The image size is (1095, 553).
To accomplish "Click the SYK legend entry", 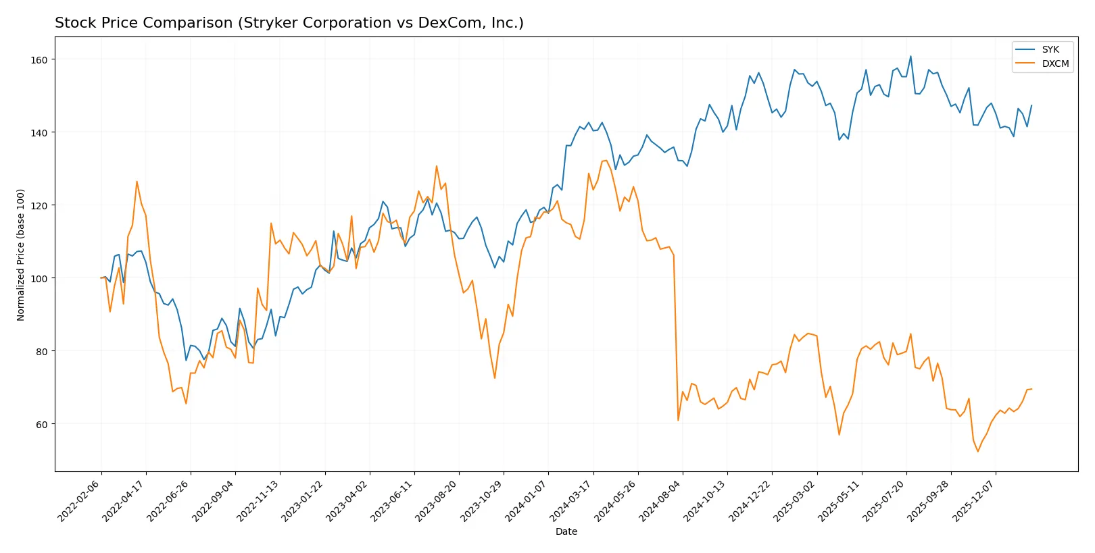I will (1050, 49).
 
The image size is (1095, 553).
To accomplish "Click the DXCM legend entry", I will (1054, 63).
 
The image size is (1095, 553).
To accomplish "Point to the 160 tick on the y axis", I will (39, 60).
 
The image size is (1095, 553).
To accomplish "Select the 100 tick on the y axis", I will (39, 278).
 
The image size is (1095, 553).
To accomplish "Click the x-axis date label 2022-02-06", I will (80, 500).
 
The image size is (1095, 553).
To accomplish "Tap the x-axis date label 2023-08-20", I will (438, 500).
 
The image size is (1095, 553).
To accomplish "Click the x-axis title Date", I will (566, 531).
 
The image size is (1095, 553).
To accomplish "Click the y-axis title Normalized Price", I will (21, 255).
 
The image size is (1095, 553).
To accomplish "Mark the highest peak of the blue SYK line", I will (910, 56).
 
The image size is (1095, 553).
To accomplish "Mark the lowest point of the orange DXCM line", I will (977, 452).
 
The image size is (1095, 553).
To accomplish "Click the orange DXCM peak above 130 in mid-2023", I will (437, 166).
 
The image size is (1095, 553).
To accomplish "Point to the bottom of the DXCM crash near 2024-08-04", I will (678, 421).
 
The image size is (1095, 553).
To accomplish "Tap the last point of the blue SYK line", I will (1031, 105).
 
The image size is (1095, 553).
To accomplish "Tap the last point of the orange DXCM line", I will (1031, 389).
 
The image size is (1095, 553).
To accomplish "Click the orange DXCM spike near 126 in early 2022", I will (137, 181).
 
